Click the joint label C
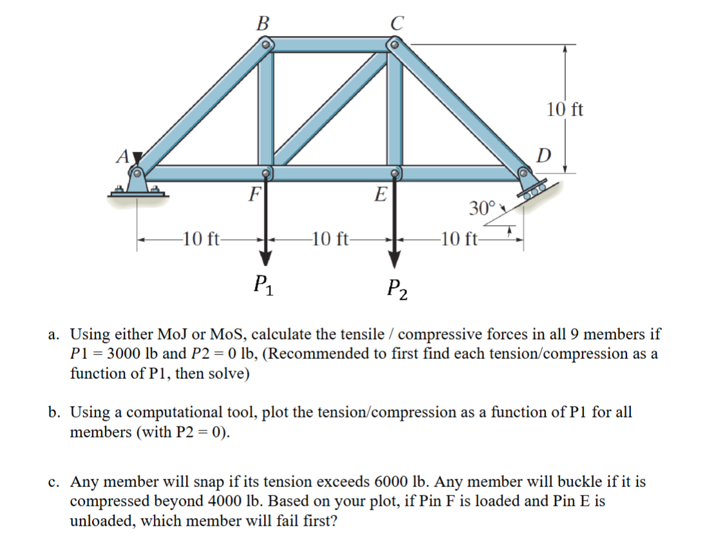pos(396,24)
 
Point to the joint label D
pos(544,155)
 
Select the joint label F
pos(255,193)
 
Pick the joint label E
pos(381,193)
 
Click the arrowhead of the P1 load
pos(265,257)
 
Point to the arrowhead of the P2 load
pos(394,259)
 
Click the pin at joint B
pos(267,45)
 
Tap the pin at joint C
pos(394,44)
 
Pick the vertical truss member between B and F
pos(266,109)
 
